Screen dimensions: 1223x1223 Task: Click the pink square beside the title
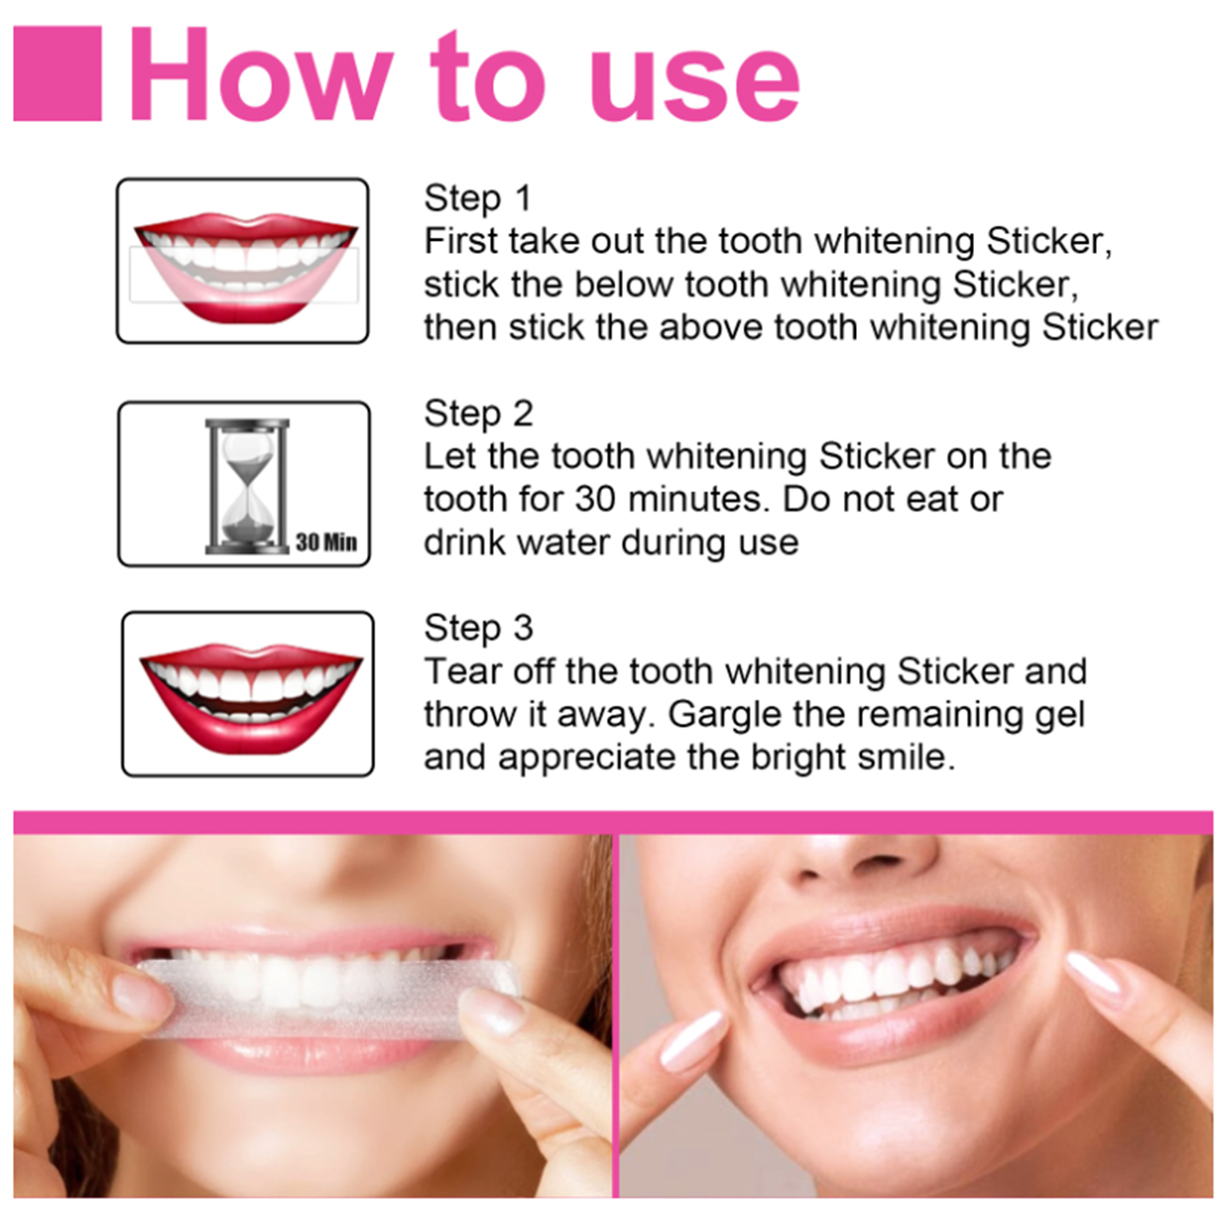coord(57,73)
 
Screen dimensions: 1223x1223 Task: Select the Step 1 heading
coord(477,198)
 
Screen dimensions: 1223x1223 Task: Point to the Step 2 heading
coord(478,414)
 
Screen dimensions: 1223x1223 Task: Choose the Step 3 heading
coord(478,627)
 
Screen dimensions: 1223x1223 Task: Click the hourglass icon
coord(246,486)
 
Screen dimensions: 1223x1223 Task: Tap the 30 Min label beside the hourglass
coord(326,542)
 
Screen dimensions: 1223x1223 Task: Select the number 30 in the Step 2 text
coord(596,500)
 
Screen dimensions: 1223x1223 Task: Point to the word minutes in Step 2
coord(698,500)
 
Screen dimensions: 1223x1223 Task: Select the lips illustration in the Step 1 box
coord(246,267)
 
